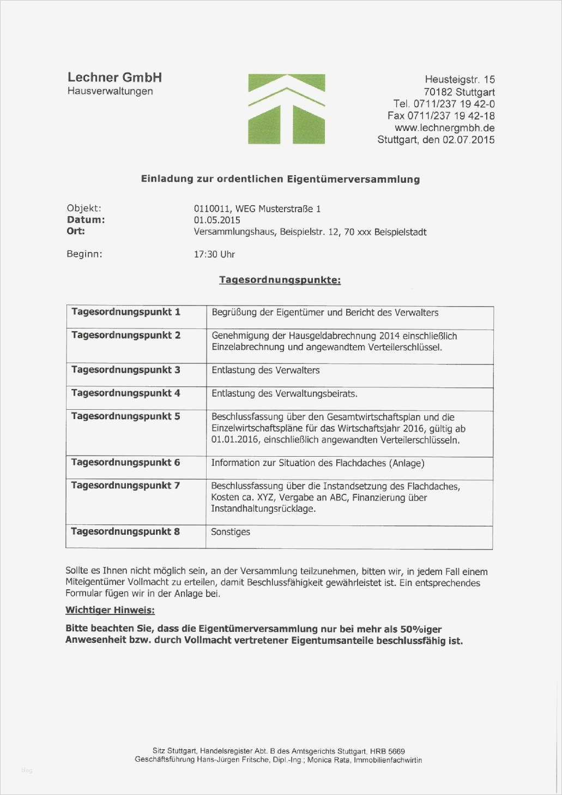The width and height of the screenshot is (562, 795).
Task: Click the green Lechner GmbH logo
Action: (286, 109)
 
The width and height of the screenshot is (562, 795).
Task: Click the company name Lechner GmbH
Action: (114, 77)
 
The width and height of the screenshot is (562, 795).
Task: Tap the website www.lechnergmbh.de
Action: (444, 128)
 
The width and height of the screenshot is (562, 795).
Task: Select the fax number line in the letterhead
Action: (441, 116)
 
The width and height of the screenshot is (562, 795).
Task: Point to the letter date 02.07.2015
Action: (468, 140)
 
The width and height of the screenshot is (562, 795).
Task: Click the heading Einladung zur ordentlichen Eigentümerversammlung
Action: (280, 179)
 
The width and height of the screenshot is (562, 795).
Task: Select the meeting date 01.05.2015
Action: (217, 220)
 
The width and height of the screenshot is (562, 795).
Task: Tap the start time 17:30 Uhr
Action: (214, 254)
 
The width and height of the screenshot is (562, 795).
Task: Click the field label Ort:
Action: (76, 231)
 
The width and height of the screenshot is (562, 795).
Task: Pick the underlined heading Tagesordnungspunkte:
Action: (280, 280)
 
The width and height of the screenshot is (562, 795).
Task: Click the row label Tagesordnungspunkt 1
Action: (126, 312)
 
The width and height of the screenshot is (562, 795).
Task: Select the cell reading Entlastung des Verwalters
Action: (265, 370)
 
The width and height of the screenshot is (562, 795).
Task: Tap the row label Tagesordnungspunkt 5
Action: (126, 416)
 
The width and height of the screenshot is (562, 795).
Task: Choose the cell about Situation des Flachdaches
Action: (317, 463)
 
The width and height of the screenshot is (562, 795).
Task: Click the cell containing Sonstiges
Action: (231, 532)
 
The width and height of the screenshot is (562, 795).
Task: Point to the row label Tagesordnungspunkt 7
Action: (125, 486)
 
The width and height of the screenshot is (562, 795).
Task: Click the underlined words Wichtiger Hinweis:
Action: (110, 610)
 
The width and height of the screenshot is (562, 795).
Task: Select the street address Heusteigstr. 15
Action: (460, 80)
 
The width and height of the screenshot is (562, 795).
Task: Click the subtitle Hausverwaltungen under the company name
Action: (110, 91)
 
